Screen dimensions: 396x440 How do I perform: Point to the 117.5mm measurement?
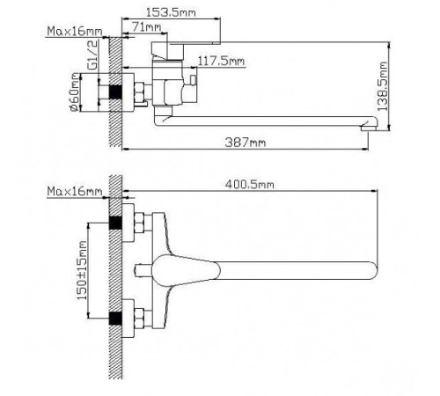pyautogui.click(x=221, y=61)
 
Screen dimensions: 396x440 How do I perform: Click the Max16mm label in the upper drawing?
pyautogui.click(x=75, y=33)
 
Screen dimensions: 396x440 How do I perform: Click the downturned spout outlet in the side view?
pyautogui.click(x=366, y=129)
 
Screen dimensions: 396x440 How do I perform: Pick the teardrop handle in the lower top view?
pyautogui.click(x=189, y=268)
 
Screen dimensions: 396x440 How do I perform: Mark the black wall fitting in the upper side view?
pyautogui.click(x=114, y=92)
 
